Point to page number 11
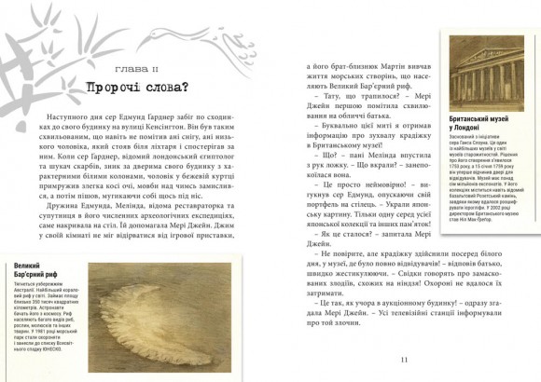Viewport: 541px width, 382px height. (x=403, y=359)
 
